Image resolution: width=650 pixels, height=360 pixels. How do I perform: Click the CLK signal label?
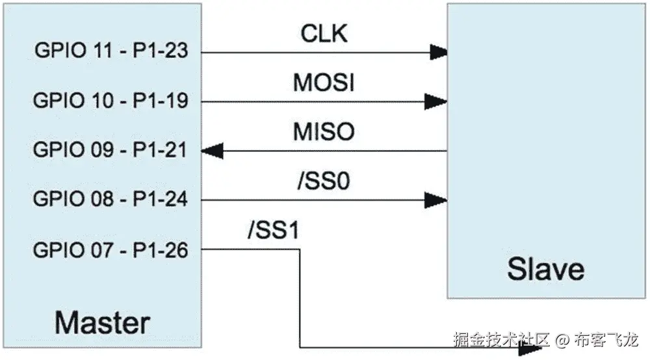(x=324, y=33)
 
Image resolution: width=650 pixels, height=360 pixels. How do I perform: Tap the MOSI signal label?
(x=324, y=83)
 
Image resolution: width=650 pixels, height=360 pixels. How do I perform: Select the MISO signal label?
(x=324, y=132)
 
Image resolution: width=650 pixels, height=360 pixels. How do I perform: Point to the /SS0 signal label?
(x=323, y=181)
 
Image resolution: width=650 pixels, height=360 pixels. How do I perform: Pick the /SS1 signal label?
(x=272, y=231)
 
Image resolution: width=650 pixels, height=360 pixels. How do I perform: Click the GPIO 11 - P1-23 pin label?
(x=110, y=51)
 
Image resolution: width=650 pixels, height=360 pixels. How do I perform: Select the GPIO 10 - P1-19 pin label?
(x=110, y=101)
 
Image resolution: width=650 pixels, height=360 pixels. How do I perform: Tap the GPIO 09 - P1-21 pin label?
(x=110, y=150)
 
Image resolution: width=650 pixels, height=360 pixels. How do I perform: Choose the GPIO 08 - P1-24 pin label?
(x=110, y=199)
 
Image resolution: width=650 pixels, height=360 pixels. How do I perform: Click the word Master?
(x=102, y=322)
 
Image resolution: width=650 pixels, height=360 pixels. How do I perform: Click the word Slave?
(x=545, y=268)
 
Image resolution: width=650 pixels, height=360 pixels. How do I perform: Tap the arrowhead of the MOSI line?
(x=437, y=101)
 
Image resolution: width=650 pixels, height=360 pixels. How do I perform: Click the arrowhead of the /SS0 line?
(x=437, y=199)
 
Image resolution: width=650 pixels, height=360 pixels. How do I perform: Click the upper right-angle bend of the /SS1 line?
(x=299, y=249)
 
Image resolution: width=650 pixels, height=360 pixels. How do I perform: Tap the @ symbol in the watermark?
(x=563, y=339)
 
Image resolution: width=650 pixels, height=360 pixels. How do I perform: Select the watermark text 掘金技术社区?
(x=502, y=339)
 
